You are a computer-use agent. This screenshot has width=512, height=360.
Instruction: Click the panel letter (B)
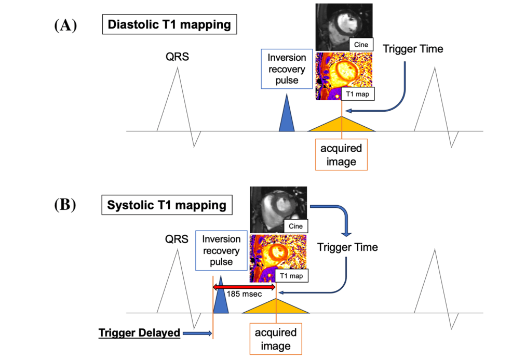tap(65, 204)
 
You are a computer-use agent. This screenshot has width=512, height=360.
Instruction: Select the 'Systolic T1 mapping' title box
tap(167, 205)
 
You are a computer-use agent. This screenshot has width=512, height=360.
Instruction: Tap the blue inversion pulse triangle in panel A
tap(286, 115)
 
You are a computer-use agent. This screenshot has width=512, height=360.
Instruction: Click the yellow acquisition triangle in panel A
tap(342, 126)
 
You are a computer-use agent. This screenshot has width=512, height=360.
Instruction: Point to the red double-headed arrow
tap(244, 287)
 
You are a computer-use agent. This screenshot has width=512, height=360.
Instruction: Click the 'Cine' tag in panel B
tap(294, 226)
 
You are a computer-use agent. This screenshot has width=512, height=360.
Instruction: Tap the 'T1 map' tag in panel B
tap(291, 276)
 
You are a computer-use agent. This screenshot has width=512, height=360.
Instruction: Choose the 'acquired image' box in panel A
tap(341, 155)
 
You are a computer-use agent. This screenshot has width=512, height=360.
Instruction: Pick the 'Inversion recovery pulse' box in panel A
tap(287, 69)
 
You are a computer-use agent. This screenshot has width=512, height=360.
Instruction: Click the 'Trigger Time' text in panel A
tap(413, 49)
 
